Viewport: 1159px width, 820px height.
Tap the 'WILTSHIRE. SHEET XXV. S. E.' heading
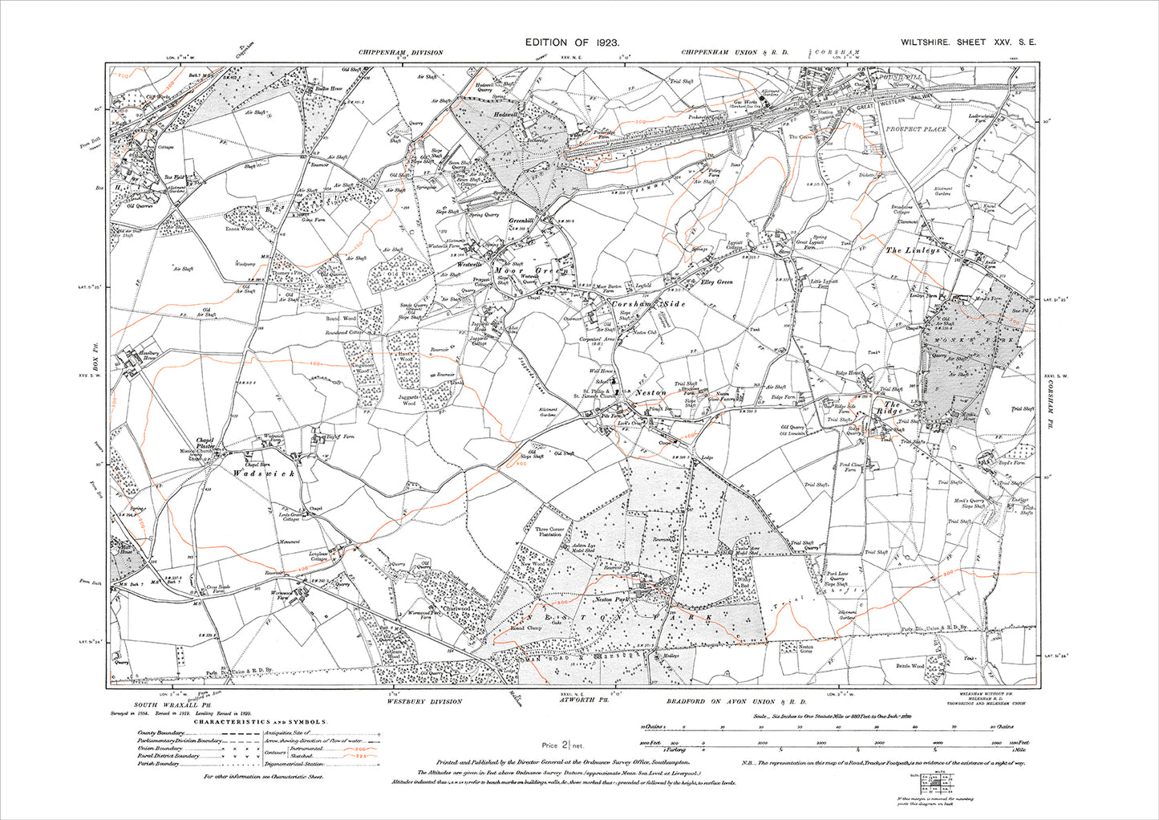(961, 43)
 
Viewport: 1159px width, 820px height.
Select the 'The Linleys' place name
(912, 251)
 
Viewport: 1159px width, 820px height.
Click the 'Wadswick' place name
(264, 474)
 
